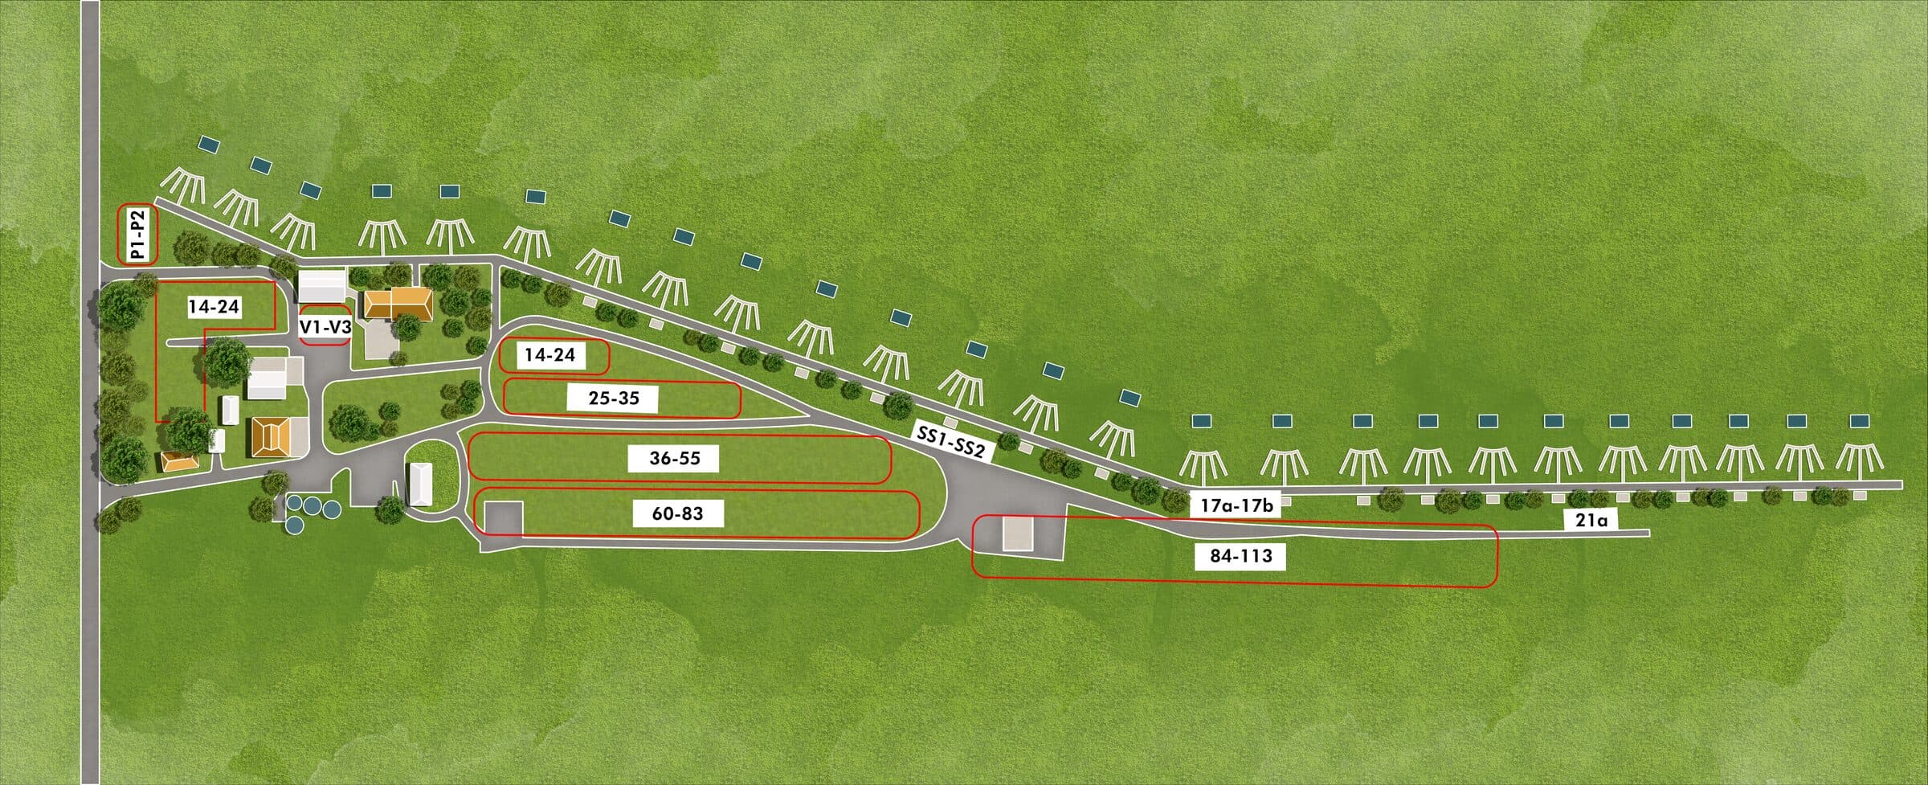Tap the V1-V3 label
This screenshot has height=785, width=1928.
point(325,327)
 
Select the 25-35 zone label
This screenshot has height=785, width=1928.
point(614,398)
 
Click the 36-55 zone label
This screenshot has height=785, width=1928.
point(675,458)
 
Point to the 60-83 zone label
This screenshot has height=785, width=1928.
point(678,513)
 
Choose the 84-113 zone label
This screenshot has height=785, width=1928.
point(1241,555)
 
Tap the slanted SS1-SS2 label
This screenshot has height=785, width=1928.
point(951,442)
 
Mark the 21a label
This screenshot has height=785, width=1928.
point(1591,521)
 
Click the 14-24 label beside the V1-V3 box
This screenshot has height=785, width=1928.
point(214,307)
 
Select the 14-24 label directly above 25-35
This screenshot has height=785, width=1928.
point(550,354)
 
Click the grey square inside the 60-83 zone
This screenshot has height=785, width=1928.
point(503,517)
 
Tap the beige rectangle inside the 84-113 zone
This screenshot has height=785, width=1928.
point(1017,534)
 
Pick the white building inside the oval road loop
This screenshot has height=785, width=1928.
point(421,484)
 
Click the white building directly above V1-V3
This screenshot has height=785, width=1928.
point(322,286)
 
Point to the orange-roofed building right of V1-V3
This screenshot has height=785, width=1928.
point(398,304)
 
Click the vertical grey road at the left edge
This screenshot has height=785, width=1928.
point(90,392)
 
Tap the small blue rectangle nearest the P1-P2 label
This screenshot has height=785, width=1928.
point(209,145)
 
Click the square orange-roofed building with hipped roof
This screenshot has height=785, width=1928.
point(270,438)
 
